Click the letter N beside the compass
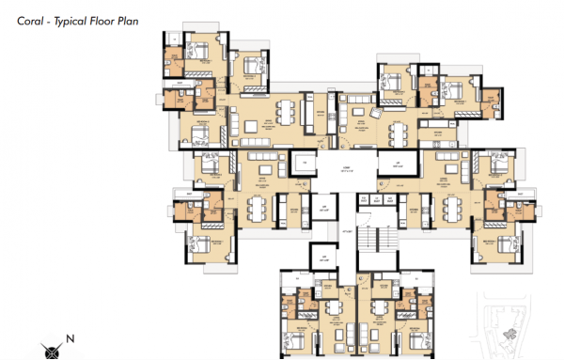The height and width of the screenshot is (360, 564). click(70, 337)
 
